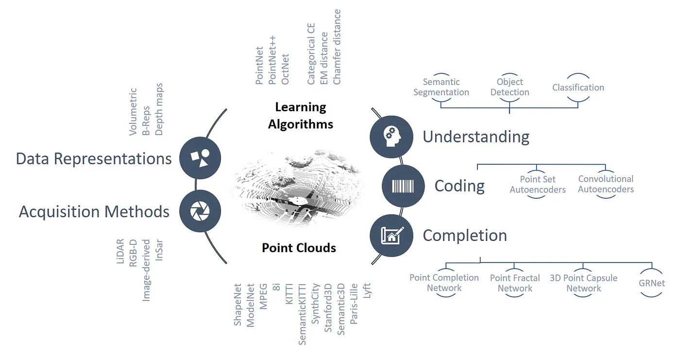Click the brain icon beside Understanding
tap(391, 136)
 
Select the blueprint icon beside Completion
tap(391, 236)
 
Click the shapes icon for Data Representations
tap(200, 158)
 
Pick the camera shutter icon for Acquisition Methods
tap(200, 211)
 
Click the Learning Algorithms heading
tap(301, 116)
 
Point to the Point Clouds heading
tap(299, 248)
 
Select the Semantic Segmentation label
tap(441, 87)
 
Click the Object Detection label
tap(510, 87)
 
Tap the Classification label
tap(578, 87)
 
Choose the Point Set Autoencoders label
tap(538, 185)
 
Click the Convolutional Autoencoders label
tap(606, 184)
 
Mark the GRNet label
tap(652, 282)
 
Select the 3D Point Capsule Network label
tap(583, 283)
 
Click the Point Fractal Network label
tap(515, 283)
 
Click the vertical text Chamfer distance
tap(337, 47)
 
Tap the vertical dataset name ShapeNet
tap(238, 305)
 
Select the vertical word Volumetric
tap(134, 111)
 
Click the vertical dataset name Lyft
tap(367, 291)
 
